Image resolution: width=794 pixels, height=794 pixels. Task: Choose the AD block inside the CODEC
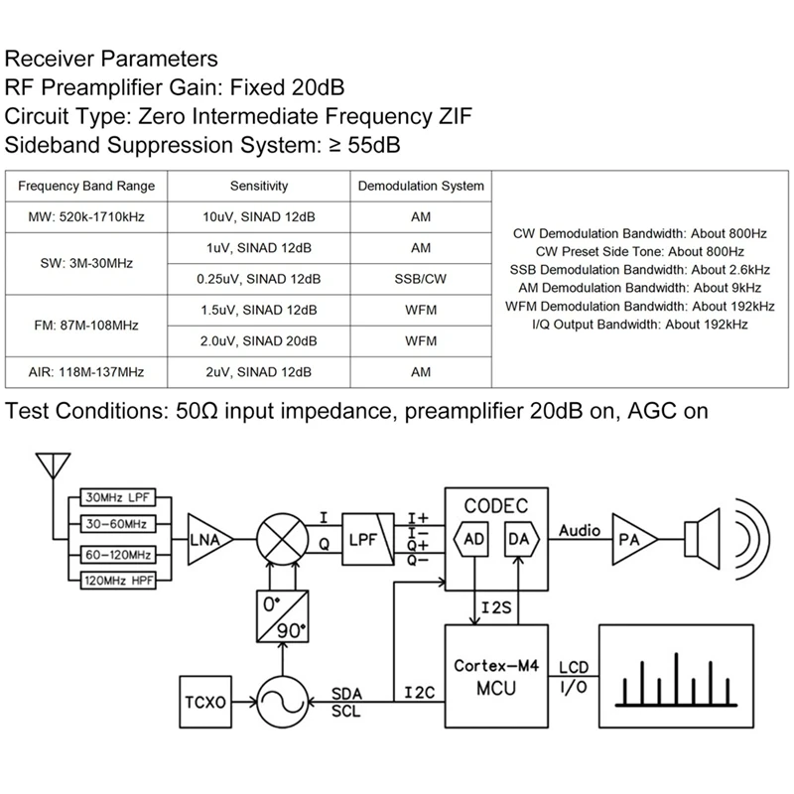[x=472, y=540]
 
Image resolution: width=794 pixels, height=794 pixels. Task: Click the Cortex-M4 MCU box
[x=494, y=676]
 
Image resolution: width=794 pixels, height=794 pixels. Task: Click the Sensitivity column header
[x=259, y=186]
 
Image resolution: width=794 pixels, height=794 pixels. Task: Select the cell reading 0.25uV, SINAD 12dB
[x=259, y=280]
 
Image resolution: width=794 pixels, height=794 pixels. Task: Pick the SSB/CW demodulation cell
[x=420, y=280]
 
